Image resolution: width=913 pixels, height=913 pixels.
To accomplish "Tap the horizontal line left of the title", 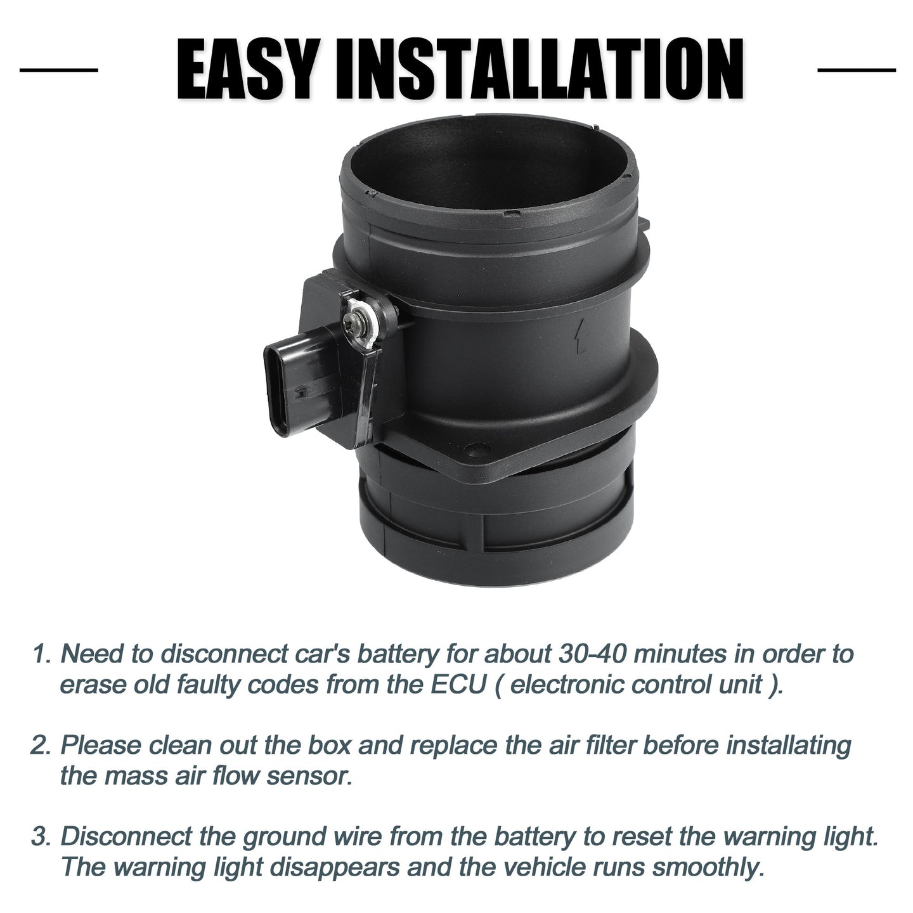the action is (59, 70).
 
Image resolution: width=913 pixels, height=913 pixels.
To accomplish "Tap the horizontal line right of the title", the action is (857, 70).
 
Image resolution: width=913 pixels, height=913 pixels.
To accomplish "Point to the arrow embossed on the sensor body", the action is (581, 335).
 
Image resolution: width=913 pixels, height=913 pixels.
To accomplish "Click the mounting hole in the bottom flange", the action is (477, 448).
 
